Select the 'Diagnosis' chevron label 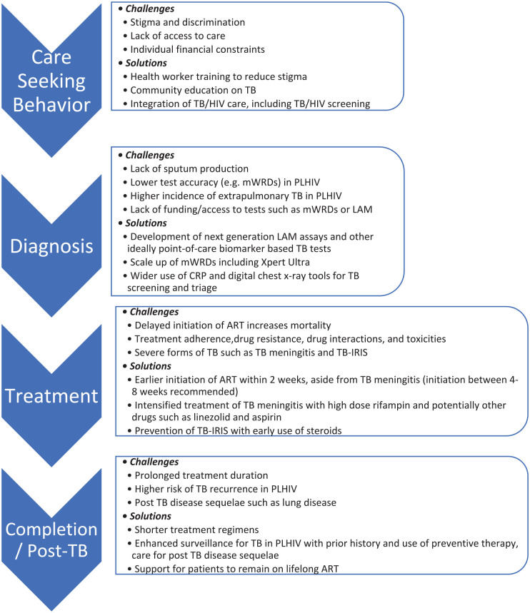point(55,247)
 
